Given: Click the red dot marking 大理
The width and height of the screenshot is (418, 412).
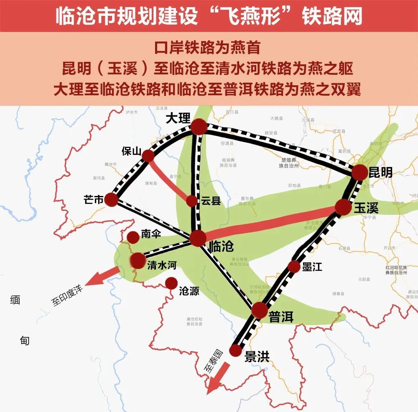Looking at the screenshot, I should [199, 127].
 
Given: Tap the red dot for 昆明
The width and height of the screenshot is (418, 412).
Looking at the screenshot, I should [359, 172].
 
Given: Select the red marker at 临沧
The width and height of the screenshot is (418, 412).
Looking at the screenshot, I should [198, 238].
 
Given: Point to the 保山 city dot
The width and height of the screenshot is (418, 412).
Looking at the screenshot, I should [148, 156].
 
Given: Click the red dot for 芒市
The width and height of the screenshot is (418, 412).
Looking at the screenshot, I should [112, 199].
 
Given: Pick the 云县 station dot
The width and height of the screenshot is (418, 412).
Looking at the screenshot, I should [191, 201].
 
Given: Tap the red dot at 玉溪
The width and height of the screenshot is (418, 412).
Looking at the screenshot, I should [343, 207].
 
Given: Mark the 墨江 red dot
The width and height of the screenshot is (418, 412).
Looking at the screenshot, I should [294, 266].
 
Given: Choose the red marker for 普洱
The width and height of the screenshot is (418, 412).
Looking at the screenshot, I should [259, 310].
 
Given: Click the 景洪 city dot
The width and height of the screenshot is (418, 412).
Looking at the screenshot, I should [236, 350].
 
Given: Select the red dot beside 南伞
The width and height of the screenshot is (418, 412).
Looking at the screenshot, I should [133, 237].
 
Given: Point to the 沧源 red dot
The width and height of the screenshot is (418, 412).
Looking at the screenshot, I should [171, 284].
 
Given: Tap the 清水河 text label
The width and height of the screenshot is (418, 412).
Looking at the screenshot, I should [163, 265].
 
